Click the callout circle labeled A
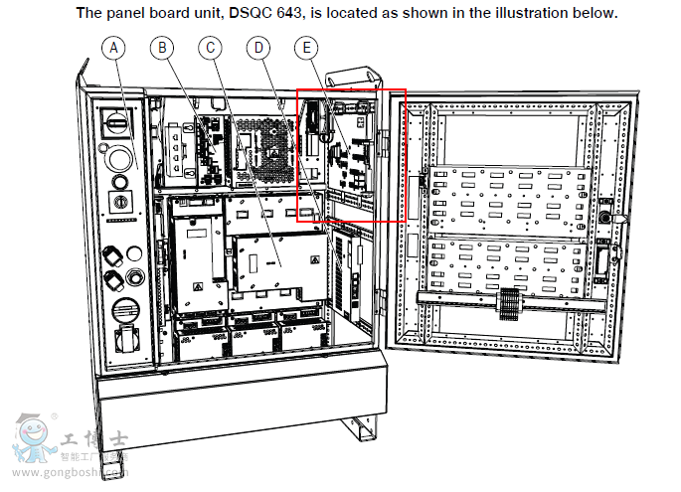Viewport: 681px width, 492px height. [x=114, y=48]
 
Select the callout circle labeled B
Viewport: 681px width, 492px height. [x=163, y=48]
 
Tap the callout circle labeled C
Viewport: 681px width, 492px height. [x=210, y=48]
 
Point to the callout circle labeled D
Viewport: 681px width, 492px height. [x=258, y=48]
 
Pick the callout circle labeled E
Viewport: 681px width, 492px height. [x=308, y=48]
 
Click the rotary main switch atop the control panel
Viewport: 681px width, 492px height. [x=118, y=122]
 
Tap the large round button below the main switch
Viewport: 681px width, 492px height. [x=118, y=159]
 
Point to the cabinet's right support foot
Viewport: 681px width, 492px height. [x=358, y=432]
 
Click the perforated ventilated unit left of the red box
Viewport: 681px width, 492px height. [x=262, y=148]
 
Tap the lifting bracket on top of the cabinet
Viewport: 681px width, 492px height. [x=356, y=84]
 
